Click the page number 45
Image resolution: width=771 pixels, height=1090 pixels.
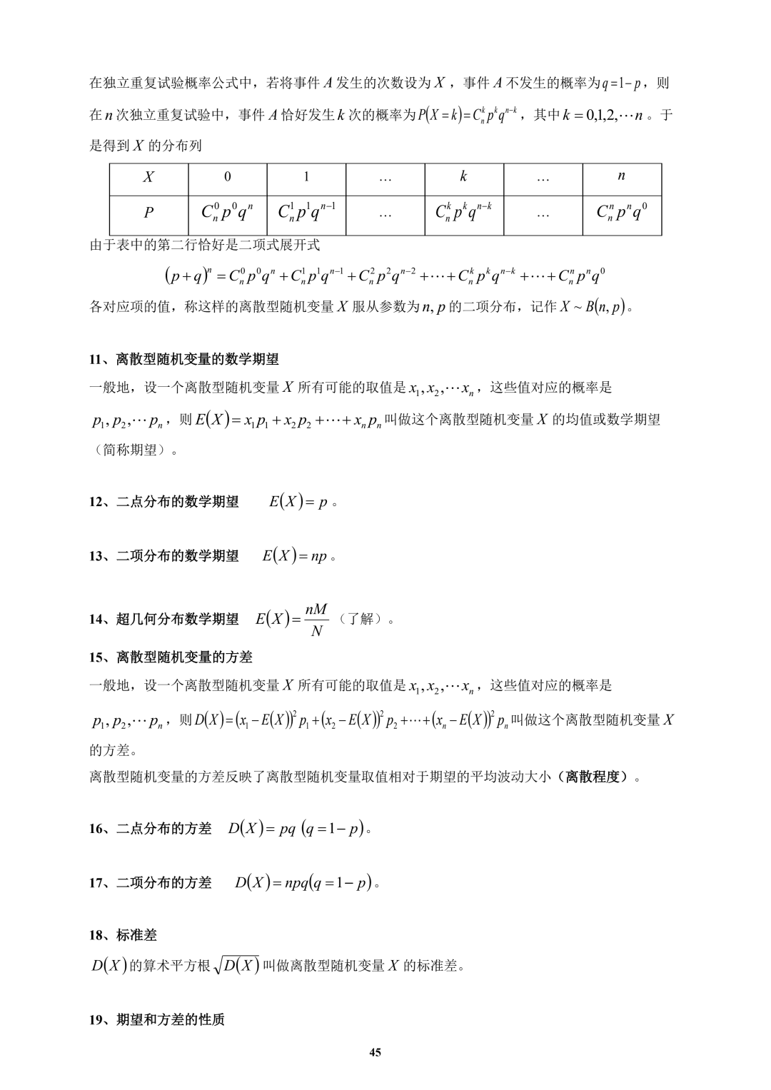(376, 1052)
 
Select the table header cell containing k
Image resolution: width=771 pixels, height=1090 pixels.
(463, 176)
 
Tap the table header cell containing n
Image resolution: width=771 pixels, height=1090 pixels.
(621, 176)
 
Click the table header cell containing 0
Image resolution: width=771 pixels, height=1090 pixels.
(227, 177)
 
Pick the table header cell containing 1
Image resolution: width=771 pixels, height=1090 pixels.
(306, 177)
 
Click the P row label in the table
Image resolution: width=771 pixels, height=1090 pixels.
(148, 213)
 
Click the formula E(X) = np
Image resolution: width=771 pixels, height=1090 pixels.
(295, 556)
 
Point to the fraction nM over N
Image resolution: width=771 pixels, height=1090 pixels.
(316, 620)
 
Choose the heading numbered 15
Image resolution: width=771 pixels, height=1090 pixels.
(171, 657)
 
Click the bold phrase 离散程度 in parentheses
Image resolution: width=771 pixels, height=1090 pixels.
(593, 777)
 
